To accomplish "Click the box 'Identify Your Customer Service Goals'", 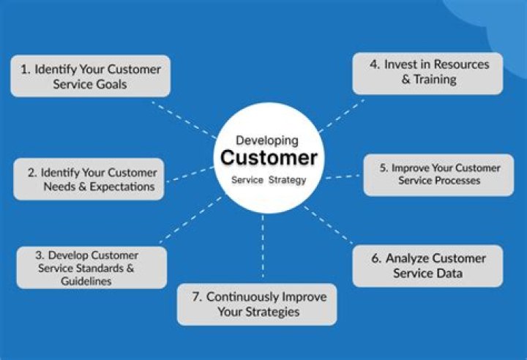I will tap(91, 76).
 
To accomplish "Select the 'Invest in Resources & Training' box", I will tap(428, 72).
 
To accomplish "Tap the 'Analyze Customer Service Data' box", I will tap(428, 266).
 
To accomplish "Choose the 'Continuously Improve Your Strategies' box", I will tap(257, 304).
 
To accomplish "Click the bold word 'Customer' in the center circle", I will tap(269, 158).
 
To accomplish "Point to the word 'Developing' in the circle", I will tap(267, 140).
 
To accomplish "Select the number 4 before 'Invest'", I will tap(374, 64).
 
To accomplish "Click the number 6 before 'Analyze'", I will tap(375, 258).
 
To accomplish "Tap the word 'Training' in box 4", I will tap(436, 80).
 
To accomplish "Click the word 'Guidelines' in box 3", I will tap(87, 280).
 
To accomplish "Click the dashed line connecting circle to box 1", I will tap(183, 119).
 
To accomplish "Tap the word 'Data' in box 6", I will tap(449, 274).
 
